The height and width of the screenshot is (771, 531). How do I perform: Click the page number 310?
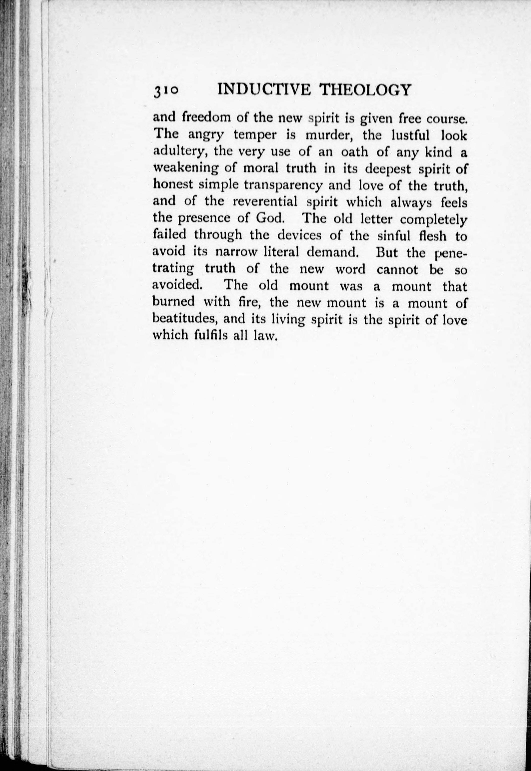pos(165,91)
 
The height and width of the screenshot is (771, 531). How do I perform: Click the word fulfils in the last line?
pos(211,335)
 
